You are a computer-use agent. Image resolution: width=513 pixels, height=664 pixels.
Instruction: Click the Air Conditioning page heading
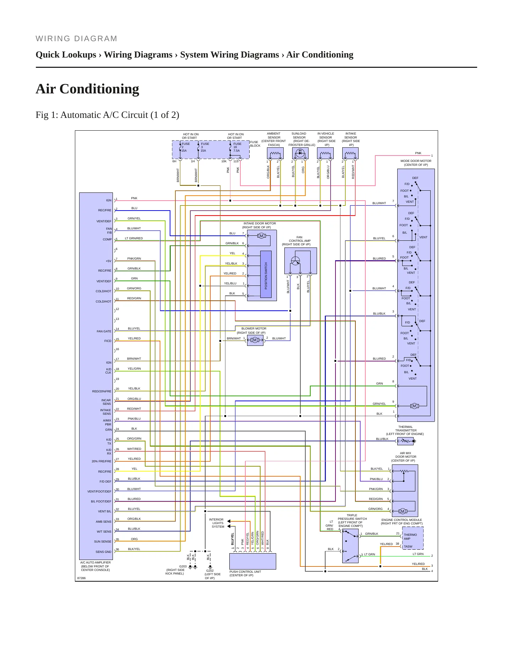[x=87, y=89]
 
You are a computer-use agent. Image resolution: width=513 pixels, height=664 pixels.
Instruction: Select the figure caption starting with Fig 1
[x=107, y=115]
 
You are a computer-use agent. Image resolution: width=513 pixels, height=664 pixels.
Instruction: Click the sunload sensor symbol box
[x=300, y=153]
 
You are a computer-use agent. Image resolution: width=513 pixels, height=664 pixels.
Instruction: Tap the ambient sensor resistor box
[x=275, y=153]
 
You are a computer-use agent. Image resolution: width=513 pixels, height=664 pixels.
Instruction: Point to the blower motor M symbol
[x=255, y=340]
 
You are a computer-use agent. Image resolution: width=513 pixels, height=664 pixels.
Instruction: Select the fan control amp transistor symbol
[x=295, y=261]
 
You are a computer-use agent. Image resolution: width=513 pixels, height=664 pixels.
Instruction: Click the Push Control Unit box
[x=253, y=561]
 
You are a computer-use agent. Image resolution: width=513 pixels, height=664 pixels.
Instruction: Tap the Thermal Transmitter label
[x=405, y=430]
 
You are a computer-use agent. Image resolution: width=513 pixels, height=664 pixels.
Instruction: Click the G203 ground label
[x=183, y=566]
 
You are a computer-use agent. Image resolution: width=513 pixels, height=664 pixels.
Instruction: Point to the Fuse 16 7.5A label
[x=237, y=147]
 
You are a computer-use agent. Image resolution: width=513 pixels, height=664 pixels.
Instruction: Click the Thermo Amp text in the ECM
[x=410, y=537]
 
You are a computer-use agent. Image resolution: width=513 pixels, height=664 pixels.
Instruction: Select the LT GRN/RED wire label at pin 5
[x=134, y=238]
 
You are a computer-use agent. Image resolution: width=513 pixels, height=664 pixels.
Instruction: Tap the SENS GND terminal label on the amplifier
[x=103, y=552]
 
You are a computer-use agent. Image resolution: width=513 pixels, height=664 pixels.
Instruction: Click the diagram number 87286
[x=82, y=578]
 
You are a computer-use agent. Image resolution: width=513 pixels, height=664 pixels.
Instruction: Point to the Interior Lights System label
[x=217, y=523]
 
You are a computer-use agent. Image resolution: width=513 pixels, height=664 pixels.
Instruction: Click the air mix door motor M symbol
[x=402, y=511]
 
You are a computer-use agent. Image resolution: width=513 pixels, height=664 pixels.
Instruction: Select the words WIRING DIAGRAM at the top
[x=76, y=39]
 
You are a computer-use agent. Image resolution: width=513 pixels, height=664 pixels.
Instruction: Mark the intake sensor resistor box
[x=350, y=153]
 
